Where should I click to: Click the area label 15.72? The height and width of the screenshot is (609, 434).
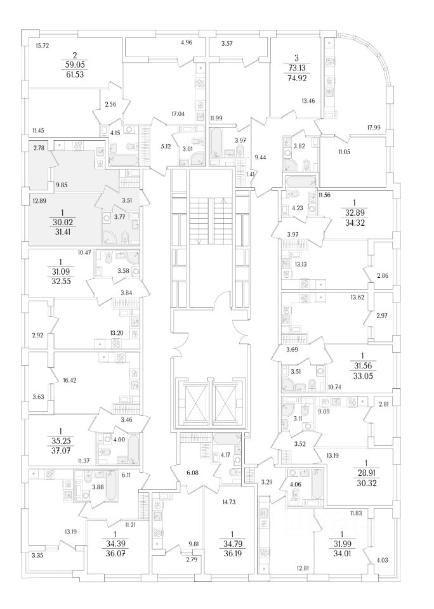coord(43,46)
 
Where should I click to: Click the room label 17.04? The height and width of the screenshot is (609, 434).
coord(178,115)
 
